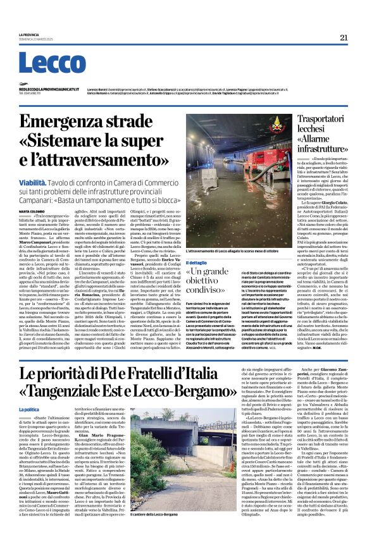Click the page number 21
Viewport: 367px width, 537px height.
pos(343,37)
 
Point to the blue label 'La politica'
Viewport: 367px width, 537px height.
pos(28,392)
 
